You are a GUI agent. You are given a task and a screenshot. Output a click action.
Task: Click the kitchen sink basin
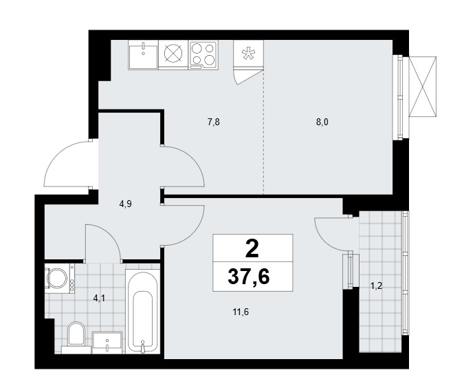coord(143,54)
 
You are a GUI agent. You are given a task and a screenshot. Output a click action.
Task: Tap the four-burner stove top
coord(203,55)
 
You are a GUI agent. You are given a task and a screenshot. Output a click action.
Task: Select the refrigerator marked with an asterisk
coord(248,54)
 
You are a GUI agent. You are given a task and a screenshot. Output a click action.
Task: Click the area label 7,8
coord(214,122)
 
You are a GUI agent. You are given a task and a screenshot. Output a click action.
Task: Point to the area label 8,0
coord(322,122)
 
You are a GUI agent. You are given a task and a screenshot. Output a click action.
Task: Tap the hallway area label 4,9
coord(125,204)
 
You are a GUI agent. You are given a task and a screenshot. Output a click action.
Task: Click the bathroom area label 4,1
coord(99,299)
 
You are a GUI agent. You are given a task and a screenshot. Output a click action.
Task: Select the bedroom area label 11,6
coord(241,312)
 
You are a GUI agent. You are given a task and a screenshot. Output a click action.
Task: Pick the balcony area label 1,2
coord(377,286)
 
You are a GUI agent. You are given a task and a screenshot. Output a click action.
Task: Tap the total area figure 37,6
coord(249,277)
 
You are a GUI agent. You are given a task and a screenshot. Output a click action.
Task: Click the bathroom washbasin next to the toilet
coord(107,343)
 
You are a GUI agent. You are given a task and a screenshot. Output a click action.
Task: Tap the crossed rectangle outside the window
coord(423,87)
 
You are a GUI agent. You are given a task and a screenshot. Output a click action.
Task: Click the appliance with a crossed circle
coord(173,54)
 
